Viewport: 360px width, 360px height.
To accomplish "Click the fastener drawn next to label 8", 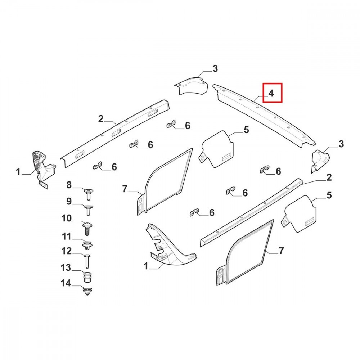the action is pyautogui.click(x=89, y=194).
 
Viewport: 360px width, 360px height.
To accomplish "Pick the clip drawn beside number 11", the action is pyautogui.click(x=87, y=245).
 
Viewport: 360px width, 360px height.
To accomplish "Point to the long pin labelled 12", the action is pyautogui.click(x=88, y=261).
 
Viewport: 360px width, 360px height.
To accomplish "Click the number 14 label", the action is pyautogui.click(x=66, y=283).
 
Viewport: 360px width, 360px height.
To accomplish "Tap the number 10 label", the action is pyautogui.click(x=67, y=219).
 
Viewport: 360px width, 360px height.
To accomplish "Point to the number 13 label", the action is pyautogui.click(x=66, y=267).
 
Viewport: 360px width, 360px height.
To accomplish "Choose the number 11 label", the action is pyautogui.click(x=67, y=236).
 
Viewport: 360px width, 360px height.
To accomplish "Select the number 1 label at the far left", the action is pyautogui.click(x=18, y=171).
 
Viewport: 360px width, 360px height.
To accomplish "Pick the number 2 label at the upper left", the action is pyautogui.click(x=101, y=119).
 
